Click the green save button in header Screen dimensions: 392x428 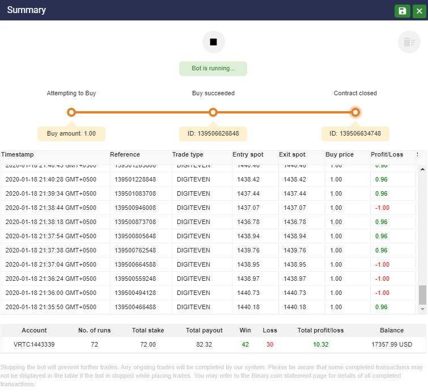tap(402, 11)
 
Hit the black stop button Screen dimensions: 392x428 tap(214, 42)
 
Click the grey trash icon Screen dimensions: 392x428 tap(409, 42)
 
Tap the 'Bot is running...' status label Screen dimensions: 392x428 tap(213, 69)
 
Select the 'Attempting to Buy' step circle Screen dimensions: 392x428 tap(71, 112)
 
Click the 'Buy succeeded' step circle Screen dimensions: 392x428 tap(213, 112)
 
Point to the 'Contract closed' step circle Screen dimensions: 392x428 tap(355, 112)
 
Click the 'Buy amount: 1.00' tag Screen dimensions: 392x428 tap(71, 134)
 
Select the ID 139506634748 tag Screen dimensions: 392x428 tap(355, 134)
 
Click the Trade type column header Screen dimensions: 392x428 tap(188, 154)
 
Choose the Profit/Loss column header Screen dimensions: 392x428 tap(387, 154)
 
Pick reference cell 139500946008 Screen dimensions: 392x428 tap(135, 208)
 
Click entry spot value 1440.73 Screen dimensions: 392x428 tap(248, 293)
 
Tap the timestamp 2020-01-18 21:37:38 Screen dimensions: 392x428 tap(51, 250)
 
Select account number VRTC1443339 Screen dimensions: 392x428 tap(34, 344)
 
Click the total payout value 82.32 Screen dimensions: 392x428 tap(204, 344)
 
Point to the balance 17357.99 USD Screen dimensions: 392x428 tap(392, 344)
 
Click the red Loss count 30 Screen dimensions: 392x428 tap(270, 344)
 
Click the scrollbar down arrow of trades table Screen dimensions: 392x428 tap(422, 309)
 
